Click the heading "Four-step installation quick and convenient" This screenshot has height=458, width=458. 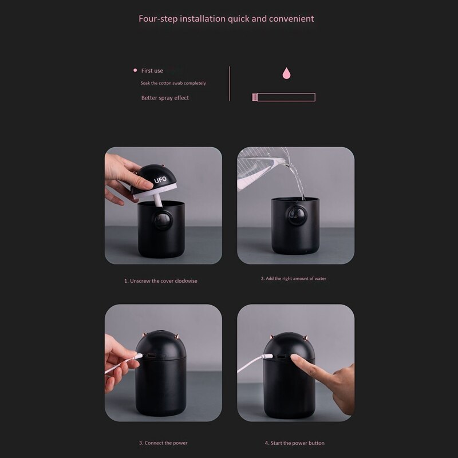[226, 18]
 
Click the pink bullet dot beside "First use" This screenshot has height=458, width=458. [135, 70]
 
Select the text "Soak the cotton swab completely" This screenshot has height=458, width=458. [173, 84]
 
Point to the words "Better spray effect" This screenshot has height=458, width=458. [165, 98]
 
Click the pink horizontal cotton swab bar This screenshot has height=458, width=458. [283, 97]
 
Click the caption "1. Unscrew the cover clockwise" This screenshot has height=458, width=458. [161, 281]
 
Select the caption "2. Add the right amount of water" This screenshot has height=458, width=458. [293, 279]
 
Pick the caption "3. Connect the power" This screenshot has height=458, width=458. [163, 443]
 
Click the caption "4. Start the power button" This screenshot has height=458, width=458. [295, 443]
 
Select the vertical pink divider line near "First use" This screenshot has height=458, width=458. [230, 84]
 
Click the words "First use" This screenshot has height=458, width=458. [152, 71]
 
